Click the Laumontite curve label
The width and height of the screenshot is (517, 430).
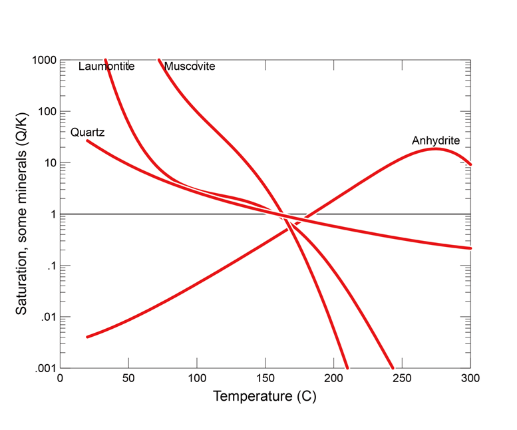tap(106, 67)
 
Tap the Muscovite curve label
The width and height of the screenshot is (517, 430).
tap(190, 67)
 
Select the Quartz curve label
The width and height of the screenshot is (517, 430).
tap(88, 132)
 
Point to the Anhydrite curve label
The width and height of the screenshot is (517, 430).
tap(436, 140)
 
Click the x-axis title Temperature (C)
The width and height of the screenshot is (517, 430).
tap(265, 397)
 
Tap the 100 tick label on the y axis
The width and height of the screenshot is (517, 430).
tap(47, 112)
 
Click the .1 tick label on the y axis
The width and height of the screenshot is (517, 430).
tap(51, 266)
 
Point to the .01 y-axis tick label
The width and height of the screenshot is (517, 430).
tap(49, 318)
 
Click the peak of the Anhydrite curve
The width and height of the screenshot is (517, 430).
tap(436, 148)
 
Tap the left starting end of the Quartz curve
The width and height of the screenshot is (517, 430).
tap(87, 140)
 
